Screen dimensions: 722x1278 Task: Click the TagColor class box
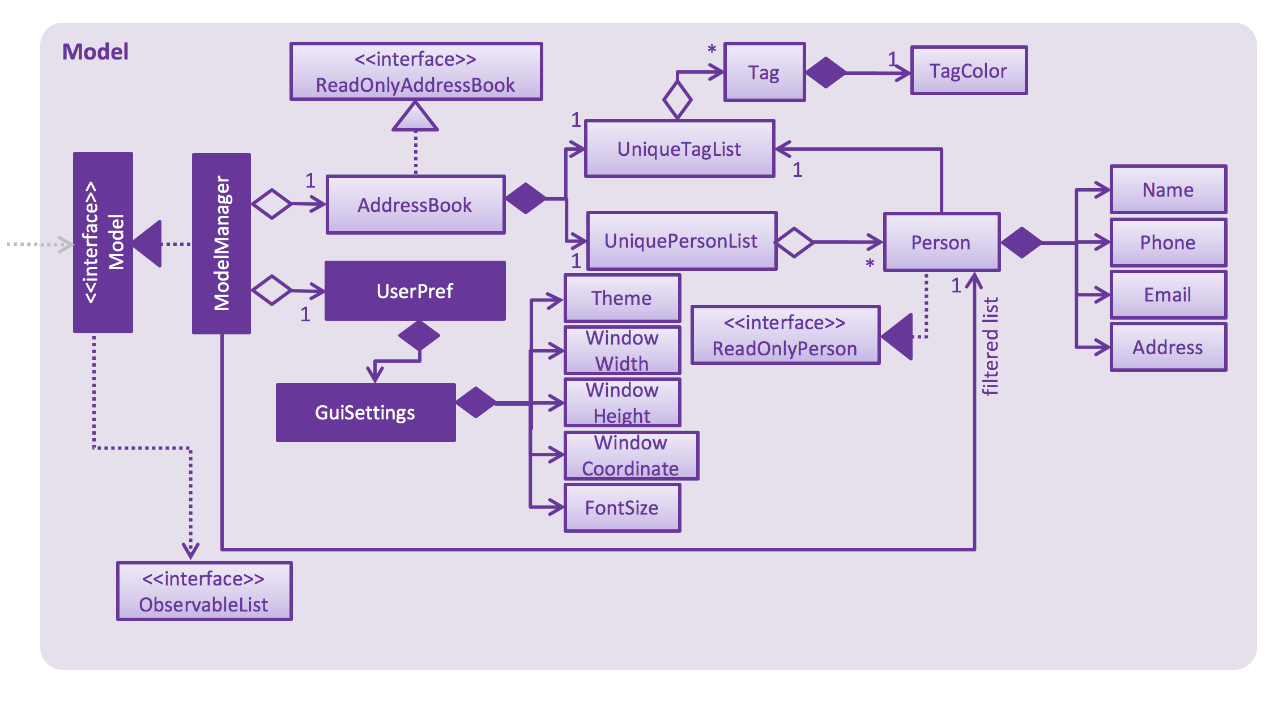(968, 71)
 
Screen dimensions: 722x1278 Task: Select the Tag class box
(764, 73)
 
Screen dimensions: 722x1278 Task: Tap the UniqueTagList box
(679, 149)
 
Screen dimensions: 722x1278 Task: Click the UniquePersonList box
(681, 241)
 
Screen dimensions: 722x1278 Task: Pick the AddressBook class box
(415, 205)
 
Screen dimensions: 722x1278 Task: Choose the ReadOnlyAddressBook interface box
(416, 72)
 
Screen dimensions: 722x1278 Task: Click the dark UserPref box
(415, 291)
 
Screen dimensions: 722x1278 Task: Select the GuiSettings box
(365, 413)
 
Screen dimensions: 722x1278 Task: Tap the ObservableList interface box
(204, 592)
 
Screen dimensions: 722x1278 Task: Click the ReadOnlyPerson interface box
(785, 335)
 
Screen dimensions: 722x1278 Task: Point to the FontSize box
(622, 508)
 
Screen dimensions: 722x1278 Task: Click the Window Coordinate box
(631, 456)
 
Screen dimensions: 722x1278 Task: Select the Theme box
(622, 298)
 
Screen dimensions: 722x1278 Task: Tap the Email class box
(1168, 295)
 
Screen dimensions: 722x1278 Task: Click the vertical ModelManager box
(221, 244)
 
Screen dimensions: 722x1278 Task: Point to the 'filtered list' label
(990, 346)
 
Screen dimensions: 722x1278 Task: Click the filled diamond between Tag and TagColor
(826, 73)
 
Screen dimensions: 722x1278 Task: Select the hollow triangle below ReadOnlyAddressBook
(415, 118)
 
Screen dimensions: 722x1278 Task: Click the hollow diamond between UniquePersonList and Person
(794, 243)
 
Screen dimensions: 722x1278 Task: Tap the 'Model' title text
(95, 52)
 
